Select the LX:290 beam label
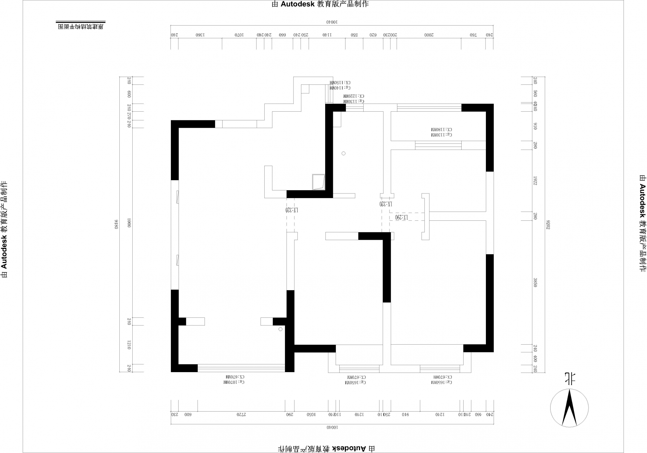pos(401,217)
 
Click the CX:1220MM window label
pos(354,96)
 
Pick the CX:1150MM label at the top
pos(340,83)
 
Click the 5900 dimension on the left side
pos(129,223)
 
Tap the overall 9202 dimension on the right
pos(548,224)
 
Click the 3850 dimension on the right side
pos(535,282)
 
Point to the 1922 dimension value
pos(535,181)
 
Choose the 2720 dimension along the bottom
pos(240,414)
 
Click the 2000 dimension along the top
pos(429,35)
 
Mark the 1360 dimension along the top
pos(200,35)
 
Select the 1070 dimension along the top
pos(239,35)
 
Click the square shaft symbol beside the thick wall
pos(318,182)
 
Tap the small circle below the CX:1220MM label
pos(344,153)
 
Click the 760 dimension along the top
pos(473,35)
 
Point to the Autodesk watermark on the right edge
pos(642,223)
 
